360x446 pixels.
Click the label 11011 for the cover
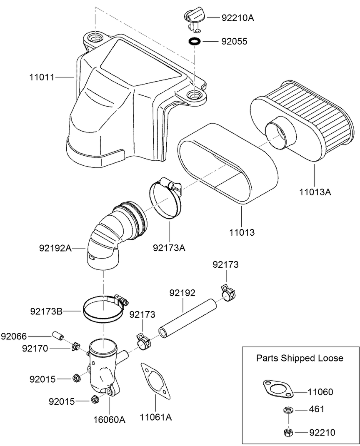point(42,77)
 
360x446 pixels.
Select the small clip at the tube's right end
point(227,293)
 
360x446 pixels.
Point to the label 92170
point(35,348)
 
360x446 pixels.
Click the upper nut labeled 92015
point(76,378)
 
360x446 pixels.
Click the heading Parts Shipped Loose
point(300,358)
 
